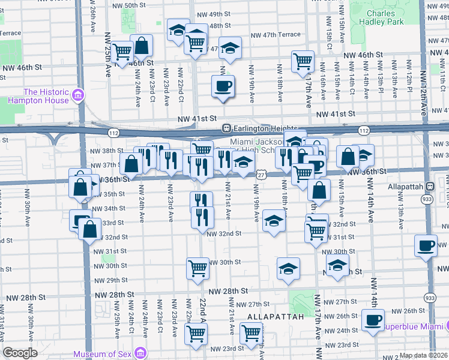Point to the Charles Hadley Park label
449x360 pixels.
381,18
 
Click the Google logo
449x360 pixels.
20,353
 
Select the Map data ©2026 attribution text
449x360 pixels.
424,355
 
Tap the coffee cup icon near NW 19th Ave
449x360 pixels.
223,86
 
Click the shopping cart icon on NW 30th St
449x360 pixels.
197,269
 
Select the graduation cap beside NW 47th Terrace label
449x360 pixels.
229,47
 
